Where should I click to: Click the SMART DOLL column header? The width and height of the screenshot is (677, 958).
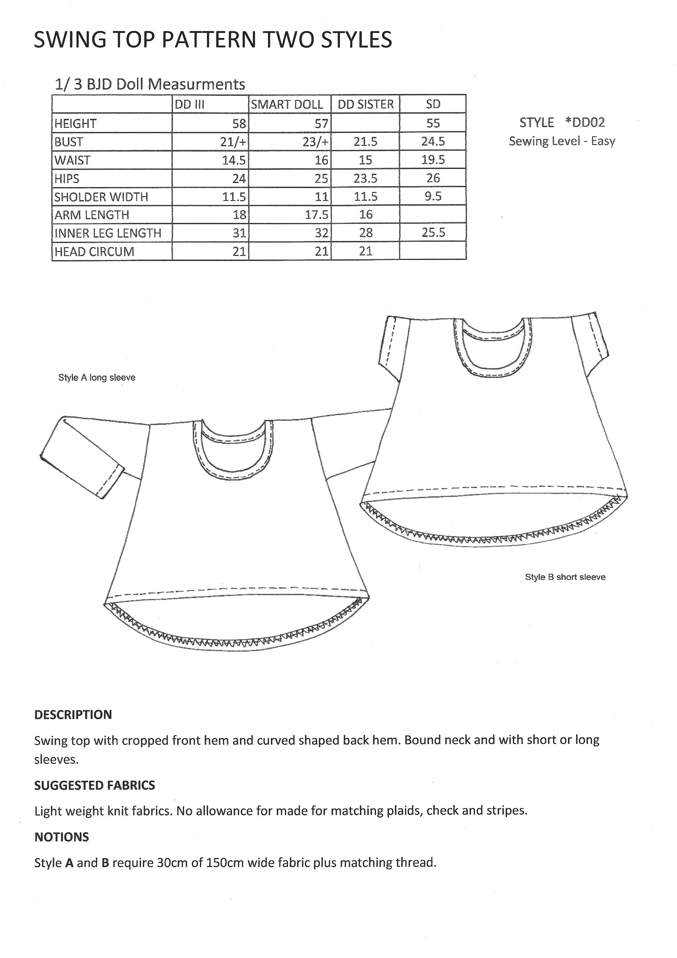point(287,104)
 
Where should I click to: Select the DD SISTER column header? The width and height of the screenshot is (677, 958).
point(365,104)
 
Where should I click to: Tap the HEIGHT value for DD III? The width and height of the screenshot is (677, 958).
point(239,124)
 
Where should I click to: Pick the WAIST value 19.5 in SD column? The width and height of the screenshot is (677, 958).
point(433,160)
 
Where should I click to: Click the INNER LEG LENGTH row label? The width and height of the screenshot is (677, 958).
point(108,233)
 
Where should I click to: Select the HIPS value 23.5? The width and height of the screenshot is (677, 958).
point(365,179)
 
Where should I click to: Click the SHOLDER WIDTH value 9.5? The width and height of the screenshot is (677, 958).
point(433,196)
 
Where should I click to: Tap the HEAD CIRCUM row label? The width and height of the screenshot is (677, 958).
point(94,252)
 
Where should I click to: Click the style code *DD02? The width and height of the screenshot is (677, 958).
point(585,123)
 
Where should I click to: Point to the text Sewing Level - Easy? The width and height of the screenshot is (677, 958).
point(562,141)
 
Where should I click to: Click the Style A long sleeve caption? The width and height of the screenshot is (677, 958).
point(97,377)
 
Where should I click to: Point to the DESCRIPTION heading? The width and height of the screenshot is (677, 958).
point(73,715)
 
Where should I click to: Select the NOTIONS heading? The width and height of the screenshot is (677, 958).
point(61,837)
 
